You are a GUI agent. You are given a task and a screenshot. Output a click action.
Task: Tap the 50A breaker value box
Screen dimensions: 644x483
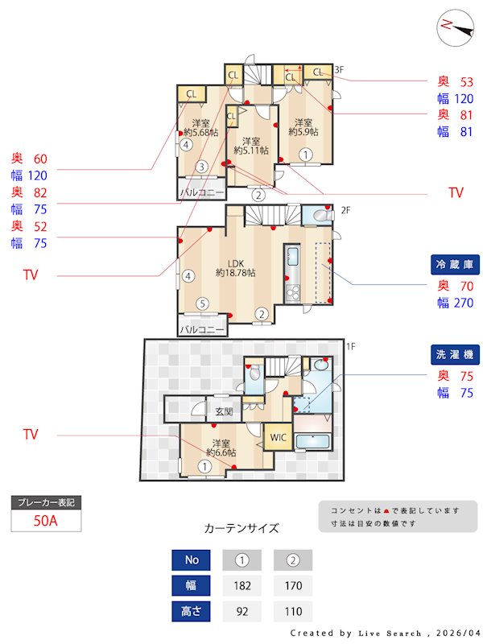(x=46, y=521)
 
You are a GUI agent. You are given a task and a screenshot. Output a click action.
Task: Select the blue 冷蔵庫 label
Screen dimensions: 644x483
(x=454, y=265)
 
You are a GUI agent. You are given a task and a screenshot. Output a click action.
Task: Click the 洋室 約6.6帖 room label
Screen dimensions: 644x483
(x=221, y=448)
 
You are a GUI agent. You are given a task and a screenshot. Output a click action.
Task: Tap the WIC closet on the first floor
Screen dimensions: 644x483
(x=278, y=437)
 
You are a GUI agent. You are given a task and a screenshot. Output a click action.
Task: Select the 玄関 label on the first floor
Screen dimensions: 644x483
(x=223, y=411)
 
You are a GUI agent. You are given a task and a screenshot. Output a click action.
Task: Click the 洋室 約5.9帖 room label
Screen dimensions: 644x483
(x=303, y=126)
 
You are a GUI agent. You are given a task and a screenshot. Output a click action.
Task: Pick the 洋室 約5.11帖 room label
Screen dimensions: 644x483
(x=250, y=145)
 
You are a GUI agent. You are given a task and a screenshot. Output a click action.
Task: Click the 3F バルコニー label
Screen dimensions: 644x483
(x=201, y=193)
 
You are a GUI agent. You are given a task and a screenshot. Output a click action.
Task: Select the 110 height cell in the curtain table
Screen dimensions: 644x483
(x=292, y=611)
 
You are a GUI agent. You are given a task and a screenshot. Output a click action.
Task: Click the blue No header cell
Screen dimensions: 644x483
(x=192, y=559)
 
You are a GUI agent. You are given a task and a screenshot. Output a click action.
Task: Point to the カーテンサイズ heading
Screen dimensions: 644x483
(x=242, y=529)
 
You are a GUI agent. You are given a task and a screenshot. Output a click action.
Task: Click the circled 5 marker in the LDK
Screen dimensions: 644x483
(x=203, y=303)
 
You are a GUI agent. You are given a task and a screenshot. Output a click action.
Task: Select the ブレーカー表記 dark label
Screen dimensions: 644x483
(x=46, y=502)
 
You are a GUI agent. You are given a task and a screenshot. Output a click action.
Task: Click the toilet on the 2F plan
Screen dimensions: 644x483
(x=320, y=216)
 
